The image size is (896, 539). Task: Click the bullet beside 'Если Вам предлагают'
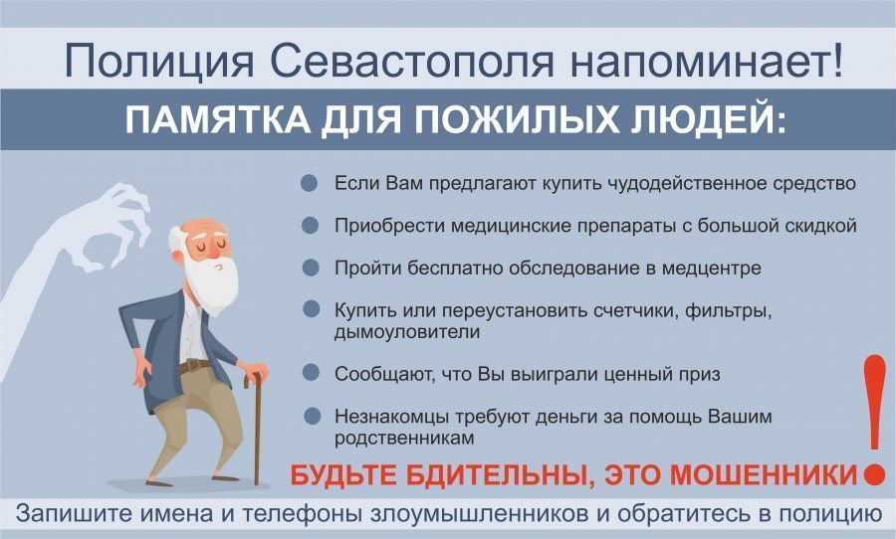(310, 183)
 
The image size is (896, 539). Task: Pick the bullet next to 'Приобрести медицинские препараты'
(310, 226)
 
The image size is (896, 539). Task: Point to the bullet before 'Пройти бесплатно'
(311, 268)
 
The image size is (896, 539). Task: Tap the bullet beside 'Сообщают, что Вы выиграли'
(311, 373)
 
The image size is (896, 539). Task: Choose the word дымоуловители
(407, 332)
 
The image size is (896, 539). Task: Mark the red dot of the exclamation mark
(875, 474)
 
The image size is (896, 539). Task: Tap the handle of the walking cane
(253, 378)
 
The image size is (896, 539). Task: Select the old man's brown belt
(195, 366)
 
